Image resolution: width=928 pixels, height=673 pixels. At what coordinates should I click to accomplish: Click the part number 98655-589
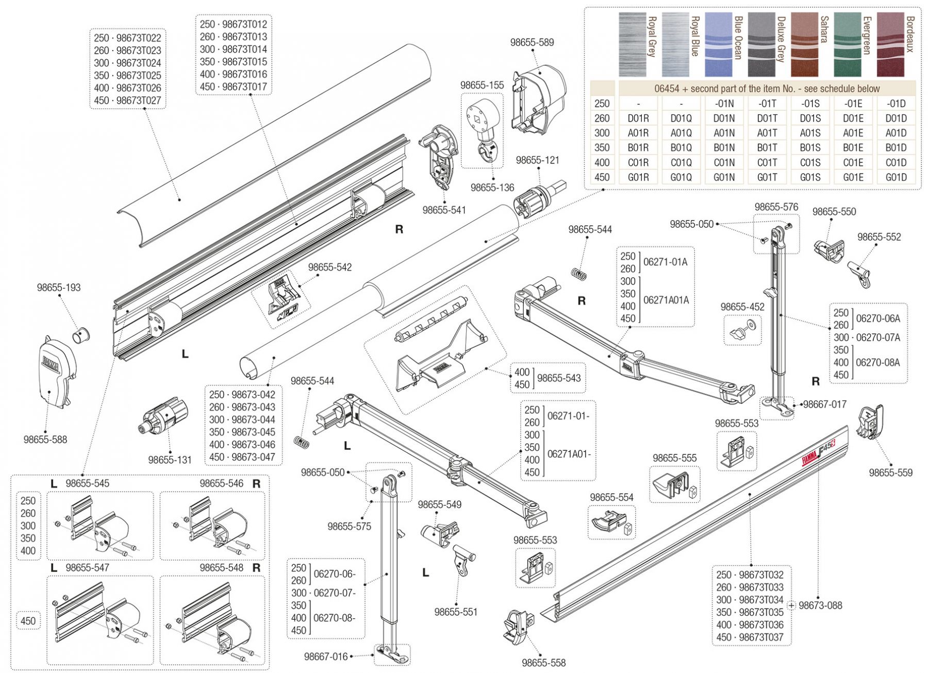pos(532,42)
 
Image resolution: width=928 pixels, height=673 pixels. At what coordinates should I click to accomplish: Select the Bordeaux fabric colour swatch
pos(890,45)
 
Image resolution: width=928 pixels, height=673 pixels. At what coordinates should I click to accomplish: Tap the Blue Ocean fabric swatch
pos(718,45)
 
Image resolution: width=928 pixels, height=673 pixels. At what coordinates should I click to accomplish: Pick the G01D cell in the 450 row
pos(896,177)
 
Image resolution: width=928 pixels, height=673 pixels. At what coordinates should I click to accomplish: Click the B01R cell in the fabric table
pos(638,148)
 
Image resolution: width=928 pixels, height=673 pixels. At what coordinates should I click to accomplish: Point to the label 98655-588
pos(45,440)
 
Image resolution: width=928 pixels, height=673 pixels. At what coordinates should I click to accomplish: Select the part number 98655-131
pos(170,460)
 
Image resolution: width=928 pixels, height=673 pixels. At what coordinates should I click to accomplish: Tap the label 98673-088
pos(820,605)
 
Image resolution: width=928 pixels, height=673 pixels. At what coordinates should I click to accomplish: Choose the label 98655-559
pos(890,473)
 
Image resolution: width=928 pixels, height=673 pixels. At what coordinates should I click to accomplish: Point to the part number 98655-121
pos(537,160)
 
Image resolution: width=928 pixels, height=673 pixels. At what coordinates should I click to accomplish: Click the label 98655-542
pos(330,267)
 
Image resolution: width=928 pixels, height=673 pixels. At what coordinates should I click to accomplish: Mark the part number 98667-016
pos(326,657)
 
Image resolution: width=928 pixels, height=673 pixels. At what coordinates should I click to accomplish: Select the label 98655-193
pos(59,288)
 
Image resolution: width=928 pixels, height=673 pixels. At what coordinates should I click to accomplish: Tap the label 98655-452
pos(742,307)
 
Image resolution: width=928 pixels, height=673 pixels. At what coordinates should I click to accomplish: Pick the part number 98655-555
pos(674,458)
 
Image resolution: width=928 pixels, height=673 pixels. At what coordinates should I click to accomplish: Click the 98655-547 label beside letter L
pos(87,568)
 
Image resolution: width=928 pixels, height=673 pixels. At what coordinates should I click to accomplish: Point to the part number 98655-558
pos(543,663)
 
